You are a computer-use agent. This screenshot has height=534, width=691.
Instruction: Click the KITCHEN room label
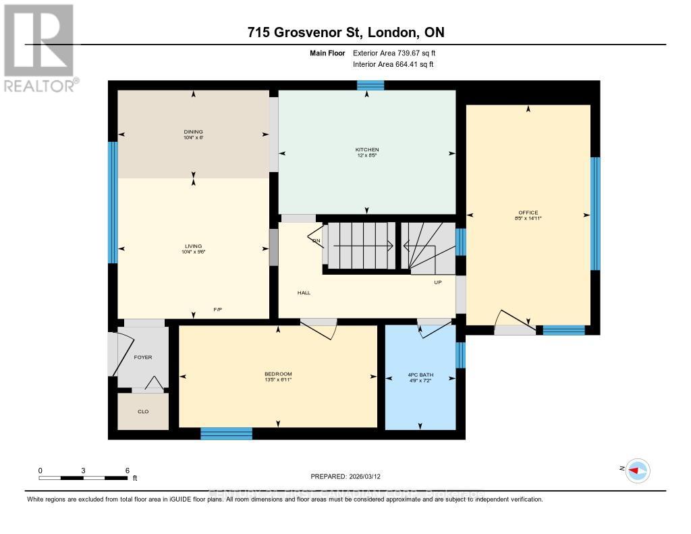point(367,149)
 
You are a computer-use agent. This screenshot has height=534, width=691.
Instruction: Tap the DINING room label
point(193,132)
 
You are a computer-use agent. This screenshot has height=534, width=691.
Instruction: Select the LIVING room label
point(193,246)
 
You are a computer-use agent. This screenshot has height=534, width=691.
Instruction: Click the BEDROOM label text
point(277,374)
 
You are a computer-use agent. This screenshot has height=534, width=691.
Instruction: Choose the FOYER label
point(142,357)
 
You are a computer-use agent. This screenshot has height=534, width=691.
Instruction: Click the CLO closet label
point(142,411)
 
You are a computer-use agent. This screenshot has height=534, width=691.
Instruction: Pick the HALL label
point(303,293)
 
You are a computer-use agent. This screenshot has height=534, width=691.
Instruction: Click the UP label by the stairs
point(437,282)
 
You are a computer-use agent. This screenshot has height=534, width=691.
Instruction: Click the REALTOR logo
point(39,48)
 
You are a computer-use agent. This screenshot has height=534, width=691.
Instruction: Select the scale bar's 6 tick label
point(127,470)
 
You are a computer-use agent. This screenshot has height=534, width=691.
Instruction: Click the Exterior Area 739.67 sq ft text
point(399,53)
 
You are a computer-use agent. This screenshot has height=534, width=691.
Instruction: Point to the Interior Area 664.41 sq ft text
point(393,65)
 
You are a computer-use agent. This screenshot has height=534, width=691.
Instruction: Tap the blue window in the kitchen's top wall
point(370,85)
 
